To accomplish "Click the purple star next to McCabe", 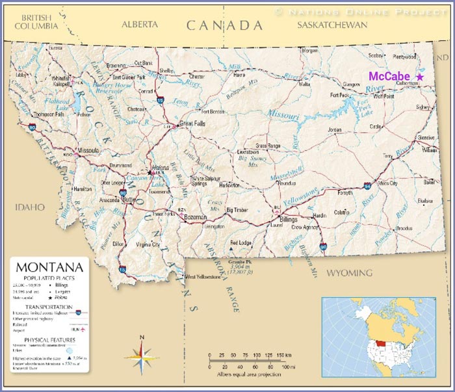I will point(420,77).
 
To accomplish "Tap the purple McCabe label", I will point(389,76).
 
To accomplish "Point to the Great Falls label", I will point(192,122).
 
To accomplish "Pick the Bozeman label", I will point(195,216).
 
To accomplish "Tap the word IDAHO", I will point(31,207).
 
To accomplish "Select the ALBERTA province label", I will point(140,24).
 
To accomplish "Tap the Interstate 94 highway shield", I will point(369,185).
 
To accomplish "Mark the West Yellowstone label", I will point(205,277).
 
